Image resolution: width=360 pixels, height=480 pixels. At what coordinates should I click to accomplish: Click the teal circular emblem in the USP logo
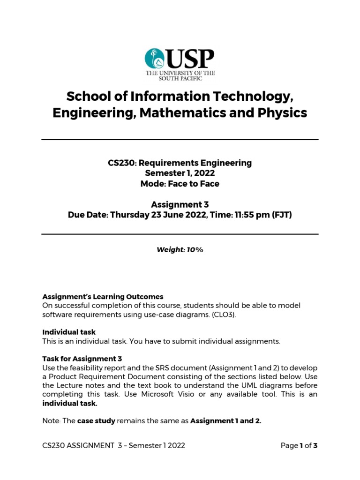(155, 58)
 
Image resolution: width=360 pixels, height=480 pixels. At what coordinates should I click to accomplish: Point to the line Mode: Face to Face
(180, 184)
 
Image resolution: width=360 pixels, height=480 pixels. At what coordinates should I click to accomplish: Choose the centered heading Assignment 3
(180, 204)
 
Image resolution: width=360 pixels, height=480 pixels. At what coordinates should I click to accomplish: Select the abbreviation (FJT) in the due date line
(281, 215)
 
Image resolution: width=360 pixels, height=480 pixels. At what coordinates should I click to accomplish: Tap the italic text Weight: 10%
(180, 250)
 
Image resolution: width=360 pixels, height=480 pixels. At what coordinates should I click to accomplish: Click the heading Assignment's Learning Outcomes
(103, 297)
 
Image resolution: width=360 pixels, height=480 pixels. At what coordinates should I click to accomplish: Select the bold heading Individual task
(69, 332)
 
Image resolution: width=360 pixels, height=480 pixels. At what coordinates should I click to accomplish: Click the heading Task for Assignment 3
(82, 359)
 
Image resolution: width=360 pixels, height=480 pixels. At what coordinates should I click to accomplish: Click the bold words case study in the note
(96, 421)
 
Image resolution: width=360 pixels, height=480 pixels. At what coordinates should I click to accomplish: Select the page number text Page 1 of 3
(299, 446)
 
